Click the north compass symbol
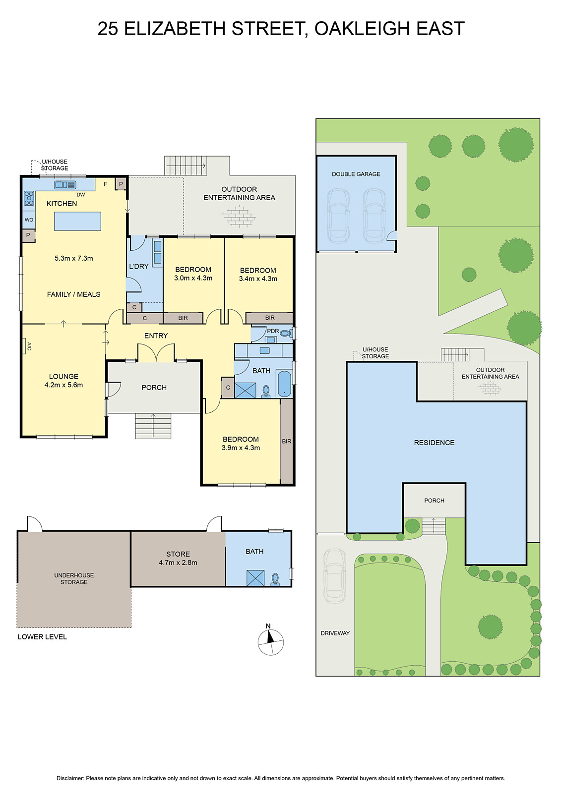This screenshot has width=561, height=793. coord(270,642)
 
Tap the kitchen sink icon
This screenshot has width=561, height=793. coord(65,185)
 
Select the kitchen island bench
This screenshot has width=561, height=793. coord(77,221)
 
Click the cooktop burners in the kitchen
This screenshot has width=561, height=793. coord(29,198)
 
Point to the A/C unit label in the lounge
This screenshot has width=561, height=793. coord(28,346)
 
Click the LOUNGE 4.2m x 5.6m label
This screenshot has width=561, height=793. coord(63,380)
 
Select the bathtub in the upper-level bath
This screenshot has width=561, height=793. coord(284,384)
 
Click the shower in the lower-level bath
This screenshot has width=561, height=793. coord(255,578)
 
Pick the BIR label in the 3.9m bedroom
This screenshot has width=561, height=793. coord(287,441)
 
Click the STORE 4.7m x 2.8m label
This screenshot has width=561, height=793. coord(178,558)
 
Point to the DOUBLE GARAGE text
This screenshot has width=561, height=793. coord(356,174)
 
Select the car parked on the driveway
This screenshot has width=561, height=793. coord(335,576)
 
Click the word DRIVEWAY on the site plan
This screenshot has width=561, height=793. coord(335,633)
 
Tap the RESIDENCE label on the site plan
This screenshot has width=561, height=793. coord(434,443)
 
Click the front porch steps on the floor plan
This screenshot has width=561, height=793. coord(153,426)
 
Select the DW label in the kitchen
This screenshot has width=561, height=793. coord(80,195)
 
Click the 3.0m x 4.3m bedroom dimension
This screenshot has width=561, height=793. coord(193,278)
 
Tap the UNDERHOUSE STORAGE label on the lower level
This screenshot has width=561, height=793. coord(74,578)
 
